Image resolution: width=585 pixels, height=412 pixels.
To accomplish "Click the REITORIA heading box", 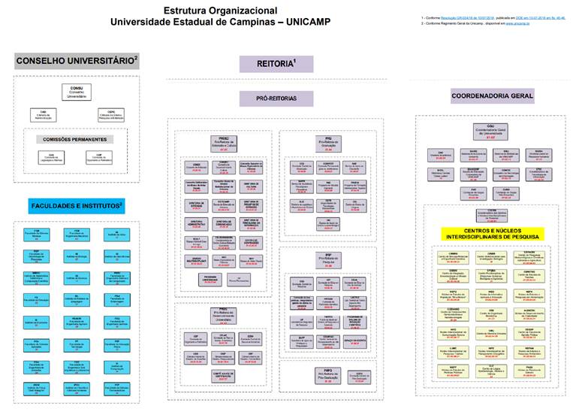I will click(276, 64).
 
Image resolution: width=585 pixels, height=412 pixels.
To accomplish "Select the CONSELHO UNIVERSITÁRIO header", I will click(77, 60).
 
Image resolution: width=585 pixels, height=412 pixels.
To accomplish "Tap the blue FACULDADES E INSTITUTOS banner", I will click(77, 205).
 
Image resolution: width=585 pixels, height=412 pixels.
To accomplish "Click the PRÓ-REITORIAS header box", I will click(276, 98).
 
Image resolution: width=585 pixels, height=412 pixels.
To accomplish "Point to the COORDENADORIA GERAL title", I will click(492, 96).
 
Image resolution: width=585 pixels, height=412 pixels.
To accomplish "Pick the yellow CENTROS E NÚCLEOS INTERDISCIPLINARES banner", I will click(492, 235).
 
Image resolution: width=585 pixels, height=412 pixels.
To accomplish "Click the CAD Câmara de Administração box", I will click(44, 114).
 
